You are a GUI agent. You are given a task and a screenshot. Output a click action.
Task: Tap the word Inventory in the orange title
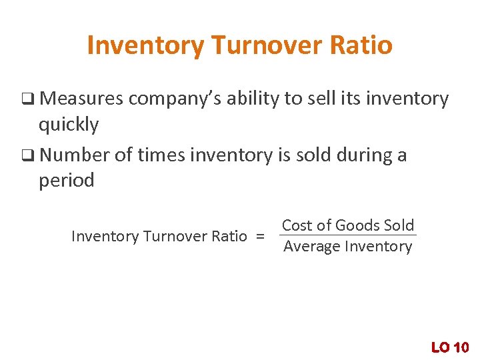point(145,45)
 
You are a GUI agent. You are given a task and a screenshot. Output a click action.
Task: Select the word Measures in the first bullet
point(81,99)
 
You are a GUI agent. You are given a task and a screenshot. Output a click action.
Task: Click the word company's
point(175,99)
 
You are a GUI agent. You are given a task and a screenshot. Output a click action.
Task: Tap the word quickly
point(69,125)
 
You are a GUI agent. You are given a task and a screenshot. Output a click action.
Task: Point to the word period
point(67,180)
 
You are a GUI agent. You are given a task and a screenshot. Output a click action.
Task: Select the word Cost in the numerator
point(297,225)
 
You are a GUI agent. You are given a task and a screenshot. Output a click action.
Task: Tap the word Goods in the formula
point(356,225)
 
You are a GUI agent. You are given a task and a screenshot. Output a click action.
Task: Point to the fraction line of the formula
point(347,235)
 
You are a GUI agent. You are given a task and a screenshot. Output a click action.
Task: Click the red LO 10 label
point(450,347)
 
